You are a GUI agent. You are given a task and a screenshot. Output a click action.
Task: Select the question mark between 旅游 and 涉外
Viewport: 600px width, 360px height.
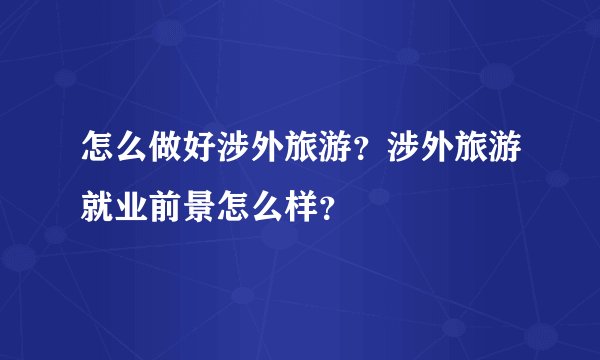click(x=346, y=158)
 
